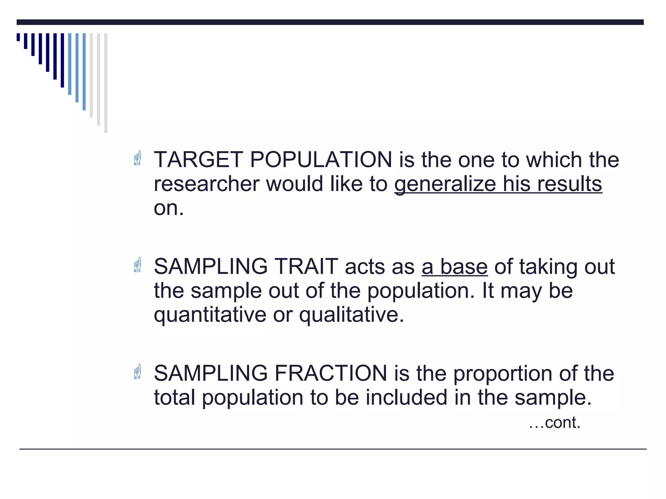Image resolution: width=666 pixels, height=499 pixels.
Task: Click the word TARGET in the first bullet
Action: [198, 160]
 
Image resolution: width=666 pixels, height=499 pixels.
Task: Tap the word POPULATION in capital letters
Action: [321, 160]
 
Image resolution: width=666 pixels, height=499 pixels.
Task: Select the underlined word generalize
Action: [445, 184]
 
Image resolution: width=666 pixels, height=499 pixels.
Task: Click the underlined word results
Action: [569, 184]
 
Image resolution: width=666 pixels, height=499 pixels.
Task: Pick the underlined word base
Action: [464, 266]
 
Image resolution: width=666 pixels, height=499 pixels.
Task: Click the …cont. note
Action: [554, 423]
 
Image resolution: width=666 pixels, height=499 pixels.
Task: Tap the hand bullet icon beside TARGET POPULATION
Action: [138, 158]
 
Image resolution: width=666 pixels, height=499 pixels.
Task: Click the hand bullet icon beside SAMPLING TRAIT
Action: [138, 265]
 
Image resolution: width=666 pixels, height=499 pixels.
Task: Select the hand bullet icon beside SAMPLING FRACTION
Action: [138, 371]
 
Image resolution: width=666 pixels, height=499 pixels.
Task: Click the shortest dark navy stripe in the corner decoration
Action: [18, 37]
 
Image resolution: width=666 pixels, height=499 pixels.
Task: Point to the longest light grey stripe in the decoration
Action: [106, 83]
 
